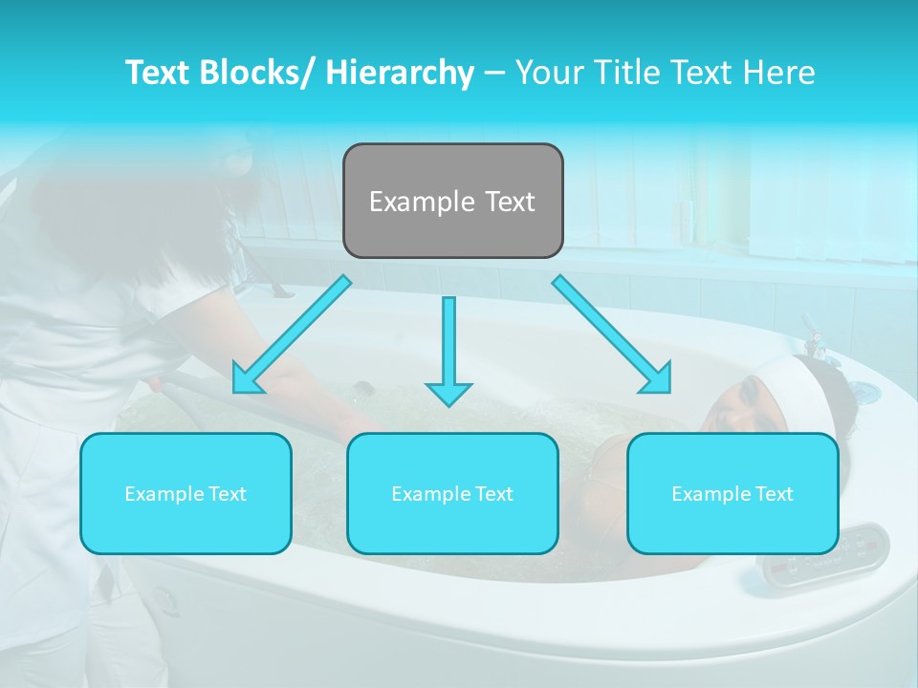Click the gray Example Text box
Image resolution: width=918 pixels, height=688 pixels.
pyautogui.click(x=452, y=201)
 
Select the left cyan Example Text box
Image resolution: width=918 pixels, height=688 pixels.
pyautogui.click(x=186, y=493)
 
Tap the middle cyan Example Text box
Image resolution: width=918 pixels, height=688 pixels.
pyautogui.click(x=452, y=493)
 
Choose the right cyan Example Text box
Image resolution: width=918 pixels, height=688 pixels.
pyautogui.click(x=732, y=493)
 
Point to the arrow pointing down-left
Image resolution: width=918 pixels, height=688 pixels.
pyautogui.click(x=291, y=335)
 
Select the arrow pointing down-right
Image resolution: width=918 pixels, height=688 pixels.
pyautogui.click(x=612, y=335)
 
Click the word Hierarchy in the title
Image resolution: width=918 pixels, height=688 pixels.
pyautogui.click(x=400, y=73)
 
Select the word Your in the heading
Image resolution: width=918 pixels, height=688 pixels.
pyautogui.click(x=548, y=73)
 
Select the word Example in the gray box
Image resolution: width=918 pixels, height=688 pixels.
pyautogui.click(x=408, y=202)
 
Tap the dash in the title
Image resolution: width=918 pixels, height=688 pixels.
pyautogui.click(x=493, y=73)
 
